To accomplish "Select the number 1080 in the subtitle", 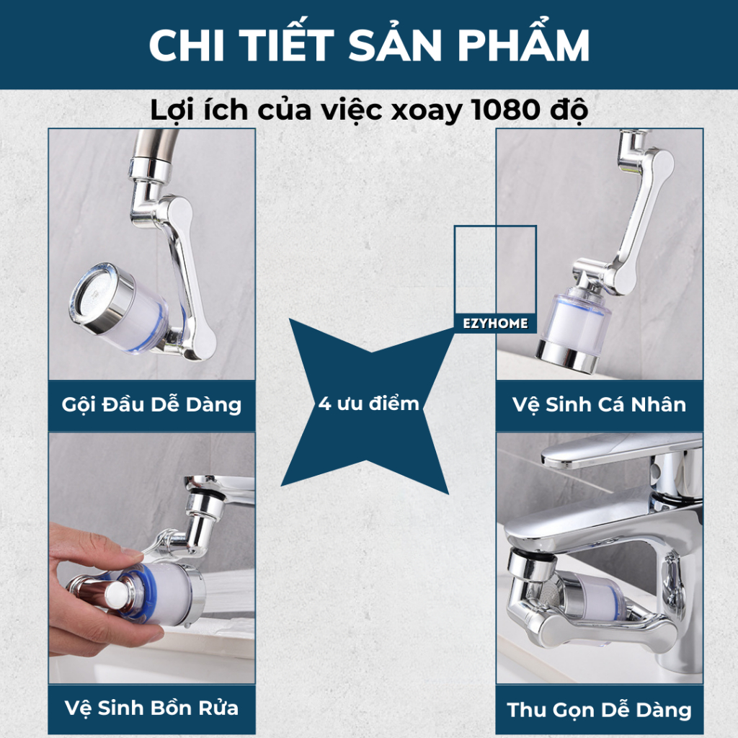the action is click(x=505, y=110).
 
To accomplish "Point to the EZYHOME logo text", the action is click(x=495, y=324).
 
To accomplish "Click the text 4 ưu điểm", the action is click(x=368, y=404).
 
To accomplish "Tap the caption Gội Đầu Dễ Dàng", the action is click(x=151, y=405).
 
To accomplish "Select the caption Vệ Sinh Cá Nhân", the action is click(x=599, y=405).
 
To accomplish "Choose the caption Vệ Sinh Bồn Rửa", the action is click(x=151, y=708).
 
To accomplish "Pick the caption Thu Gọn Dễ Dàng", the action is click(x=599, y=710).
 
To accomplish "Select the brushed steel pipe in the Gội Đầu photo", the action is click(x=156, y=144).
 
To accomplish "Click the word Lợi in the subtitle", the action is click(x=170, y=111).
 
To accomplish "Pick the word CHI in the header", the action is click(x=187, y=45).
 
